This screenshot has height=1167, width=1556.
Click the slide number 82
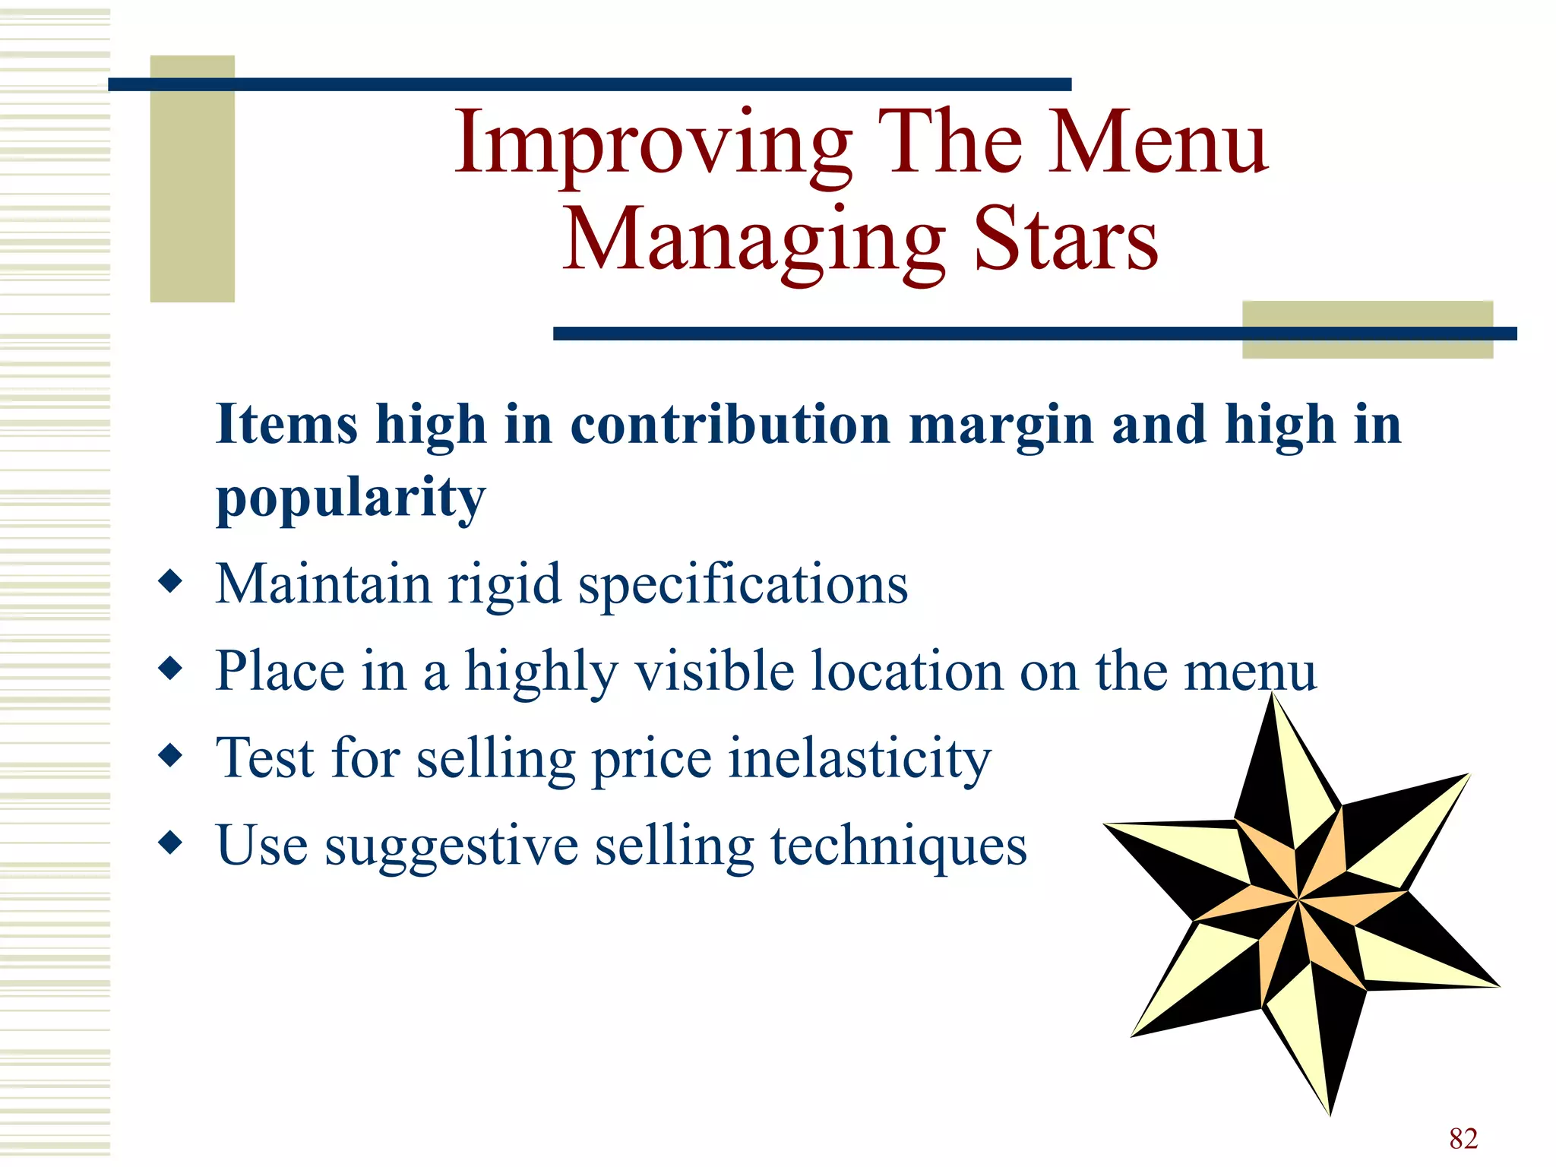[1463, 1138]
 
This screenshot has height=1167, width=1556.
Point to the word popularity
[350, 498]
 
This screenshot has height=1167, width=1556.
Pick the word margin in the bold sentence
[1001, 425]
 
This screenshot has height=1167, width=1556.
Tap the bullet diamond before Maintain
[171, 582]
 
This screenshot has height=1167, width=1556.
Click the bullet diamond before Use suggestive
[171, 843]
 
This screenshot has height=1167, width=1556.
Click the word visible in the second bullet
[714, 671]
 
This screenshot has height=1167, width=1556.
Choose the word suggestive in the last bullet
[451, 846]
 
